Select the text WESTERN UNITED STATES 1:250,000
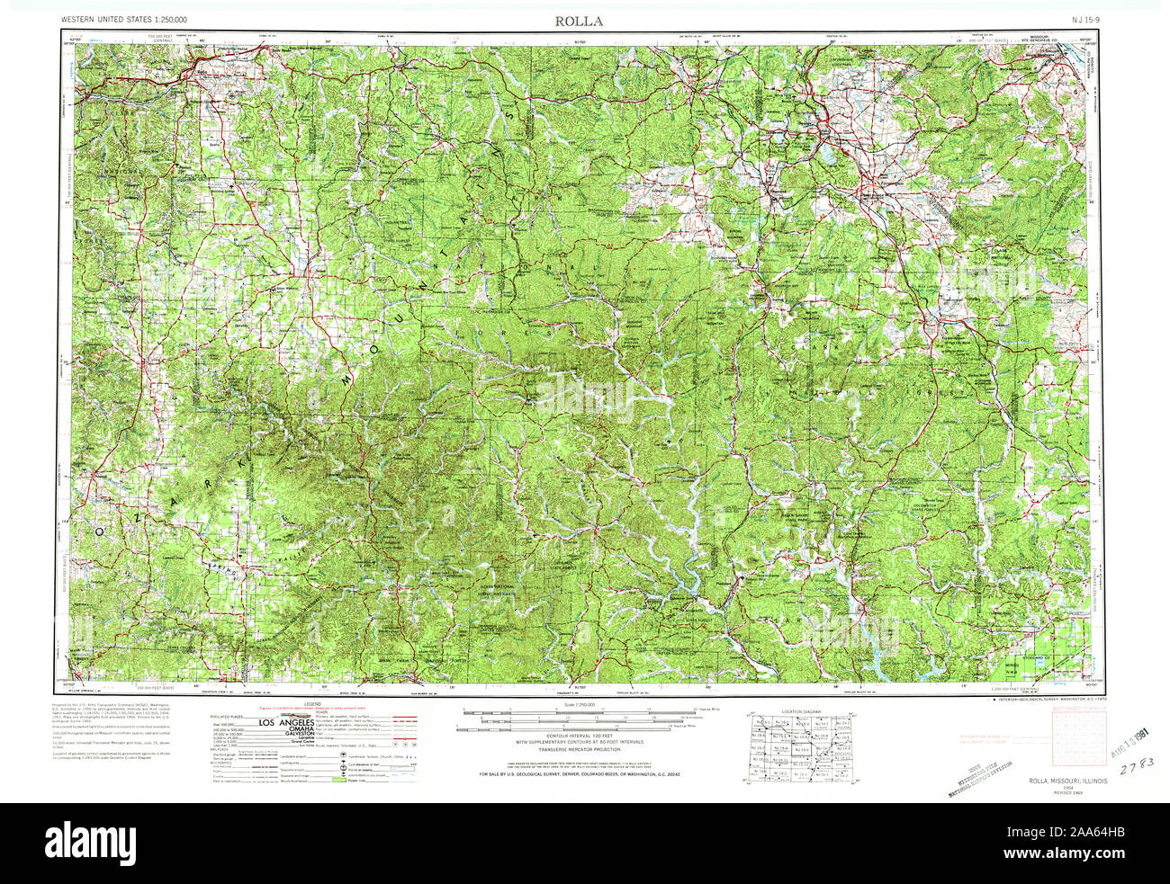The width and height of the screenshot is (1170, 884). pos(124,20)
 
